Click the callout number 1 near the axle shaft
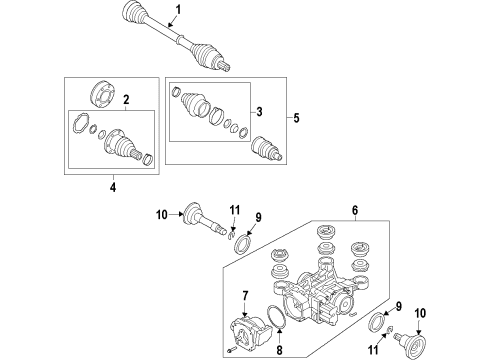pyautogui.click(x=178, y=10)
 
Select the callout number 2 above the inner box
pyautogui.click(x=126, y=99)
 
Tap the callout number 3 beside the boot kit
pyautogui.click(x=260, y=112)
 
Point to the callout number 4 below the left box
pyautogui.click(x=113, y=187)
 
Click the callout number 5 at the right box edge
pyautogui.click(x=296, y=118)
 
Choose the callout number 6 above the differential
pyautogui.click(x=355, y=210)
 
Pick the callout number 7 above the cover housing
pyautogui.click(x=245, y=296)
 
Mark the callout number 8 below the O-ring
pyautogui.click(x=279, y=350)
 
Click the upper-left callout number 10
pyautogui.click(x=161, y=215)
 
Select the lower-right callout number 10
pyautogui.click(x=420, y=313)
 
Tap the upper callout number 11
pyautogui.click(x=235, y=210)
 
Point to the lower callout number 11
pyautogui.click(x=373, y=349)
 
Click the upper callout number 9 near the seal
pyautogui.click(x=258, y=217)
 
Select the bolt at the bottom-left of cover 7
pyautogui.click(x=232, y=349)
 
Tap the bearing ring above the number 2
pyautogui.click(x=102, y=93)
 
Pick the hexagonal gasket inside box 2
pyautogui.click(x=80, y=124)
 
